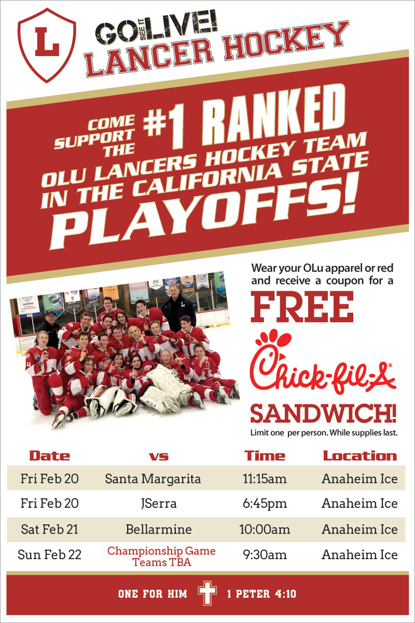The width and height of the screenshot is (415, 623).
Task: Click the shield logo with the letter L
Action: [x=47, y=45]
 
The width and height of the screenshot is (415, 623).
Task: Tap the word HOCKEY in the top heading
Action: [x=286, y=40]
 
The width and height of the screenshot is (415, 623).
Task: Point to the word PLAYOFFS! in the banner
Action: [x=203, y=211]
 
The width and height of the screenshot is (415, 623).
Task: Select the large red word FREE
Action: [x=302, y=307]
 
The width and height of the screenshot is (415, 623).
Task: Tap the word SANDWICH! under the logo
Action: [x=324, y=414]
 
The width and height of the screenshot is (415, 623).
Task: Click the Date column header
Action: [x=50, y=456]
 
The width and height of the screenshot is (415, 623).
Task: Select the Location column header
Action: [x=360, y=456]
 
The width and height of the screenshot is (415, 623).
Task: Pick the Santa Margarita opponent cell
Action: [x=153, y=479]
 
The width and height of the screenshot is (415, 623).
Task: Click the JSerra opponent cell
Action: [x=159, y=504]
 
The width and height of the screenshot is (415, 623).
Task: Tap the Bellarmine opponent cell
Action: [x=158, y=529]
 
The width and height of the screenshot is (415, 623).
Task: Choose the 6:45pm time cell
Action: [x=265, y=504]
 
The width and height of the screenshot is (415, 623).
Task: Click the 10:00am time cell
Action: [x=265, y=529]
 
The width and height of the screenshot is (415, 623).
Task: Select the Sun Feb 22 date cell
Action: [x=49, y=554]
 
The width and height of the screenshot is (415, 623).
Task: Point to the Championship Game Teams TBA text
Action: [x=161, y=556]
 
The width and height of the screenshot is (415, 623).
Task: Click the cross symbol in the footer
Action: [x=207, y=593]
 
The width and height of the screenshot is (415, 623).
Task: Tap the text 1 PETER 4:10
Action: [x=261, y=594]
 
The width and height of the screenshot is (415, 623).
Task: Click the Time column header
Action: [x=265, y=456]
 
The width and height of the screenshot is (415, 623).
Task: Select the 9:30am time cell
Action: [x=265, y=554]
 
